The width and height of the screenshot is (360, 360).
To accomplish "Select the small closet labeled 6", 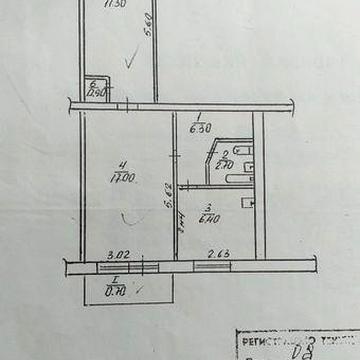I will pos(97,90).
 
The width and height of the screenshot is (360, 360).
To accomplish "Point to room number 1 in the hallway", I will pos(199,114).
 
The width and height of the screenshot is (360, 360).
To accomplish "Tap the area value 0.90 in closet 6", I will pos(97,95).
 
